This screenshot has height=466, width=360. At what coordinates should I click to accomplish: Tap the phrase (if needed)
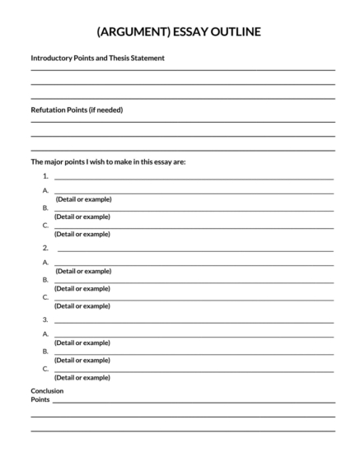105,110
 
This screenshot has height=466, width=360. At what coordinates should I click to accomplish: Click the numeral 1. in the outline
45,177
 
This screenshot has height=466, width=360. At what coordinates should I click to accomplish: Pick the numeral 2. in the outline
45,248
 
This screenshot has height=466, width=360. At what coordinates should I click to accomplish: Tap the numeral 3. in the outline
45,319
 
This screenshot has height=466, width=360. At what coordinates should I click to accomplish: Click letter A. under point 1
45,191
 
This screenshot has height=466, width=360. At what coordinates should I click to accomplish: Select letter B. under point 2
45,280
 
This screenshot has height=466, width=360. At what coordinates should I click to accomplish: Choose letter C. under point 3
45,369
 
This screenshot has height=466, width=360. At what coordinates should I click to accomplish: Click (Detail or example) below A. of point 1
83,199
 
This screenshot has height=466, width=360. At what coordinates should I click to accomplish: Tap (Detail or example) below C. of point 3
82,377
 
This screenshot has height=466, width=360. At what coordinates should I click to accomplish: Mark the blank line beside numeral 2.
194,250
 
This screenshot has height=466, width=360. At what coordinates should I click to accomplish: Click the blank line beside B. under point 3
194,354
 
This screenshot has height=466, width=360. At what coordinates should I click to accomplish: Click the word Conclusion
47,390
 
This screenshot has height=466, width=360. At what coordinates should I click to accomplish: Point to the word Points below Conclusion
40,399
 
